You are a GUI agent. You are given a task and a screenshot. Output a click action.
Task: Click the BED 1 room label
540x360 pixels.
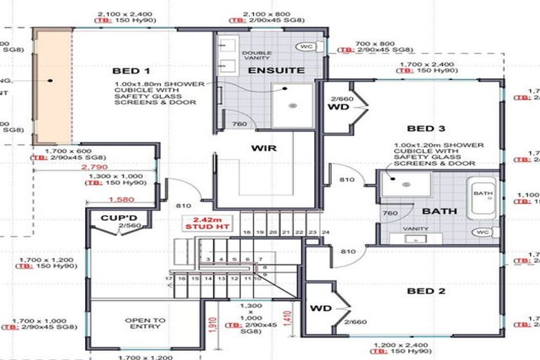(131, 71)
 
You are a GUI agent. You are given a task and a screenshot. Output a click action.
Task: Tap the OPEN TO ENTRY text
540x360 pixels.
(144, 324)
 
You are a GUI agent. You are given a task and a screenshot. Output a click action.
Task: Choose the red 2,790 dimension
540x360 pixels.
(94, 169)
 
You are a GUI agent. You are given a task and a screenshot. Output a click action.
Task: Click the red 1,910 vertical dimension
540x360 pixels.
(213, 323)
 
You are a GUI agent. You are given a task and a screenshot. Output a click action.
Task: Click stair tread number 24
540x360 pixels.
(326, 232)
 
